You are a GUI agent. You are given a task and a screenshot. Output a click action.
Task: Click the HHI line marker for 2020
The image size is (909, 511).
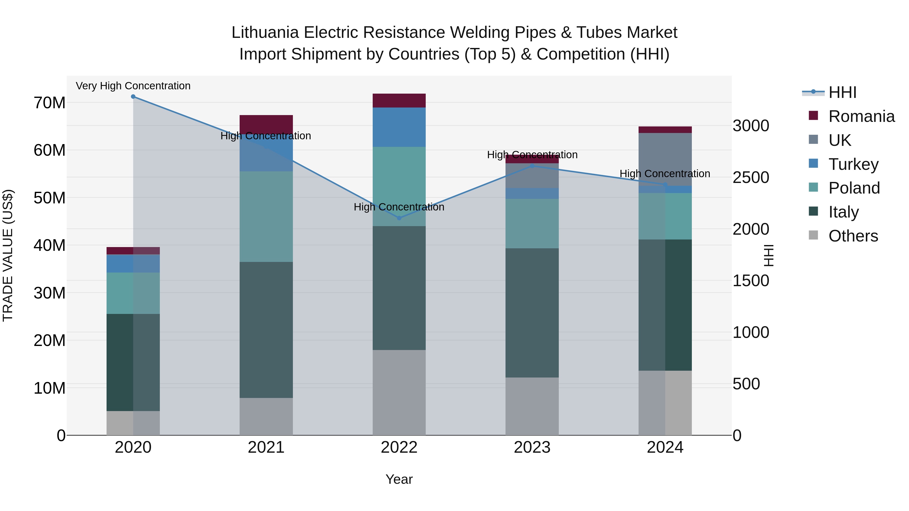[133, 97]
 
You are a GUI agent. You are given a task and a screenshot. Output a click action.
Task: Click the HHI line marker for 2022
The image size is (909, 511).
[399, 218]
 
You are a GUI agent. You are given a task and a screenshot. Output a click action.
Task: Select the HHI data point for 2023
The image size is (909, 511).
[532, 166]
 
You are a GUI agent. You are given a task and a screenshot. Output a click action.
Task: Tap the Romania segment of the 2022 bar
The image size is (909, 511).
[399, 100]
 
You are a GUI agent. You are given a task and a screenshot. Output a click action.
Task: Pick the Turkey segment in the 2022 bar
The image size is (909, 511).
[399, 127]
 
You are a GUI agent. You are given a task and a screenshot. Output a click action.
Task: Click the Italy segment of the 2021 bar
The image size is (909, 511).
[266, 330]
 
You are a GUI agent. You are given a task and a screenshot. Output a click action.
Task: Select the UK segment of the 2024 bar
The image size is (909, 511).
[665, 159]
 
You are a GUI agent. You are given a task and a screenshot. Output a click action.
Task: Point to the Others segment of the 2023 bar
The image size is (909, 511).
[532, 406]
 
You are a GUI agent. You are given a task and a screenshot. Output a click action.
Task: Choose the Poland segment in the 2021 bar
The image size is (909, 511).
[266, 217]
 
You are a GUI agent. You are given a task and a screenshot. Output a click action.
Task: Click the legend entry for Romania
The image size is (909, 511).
[861, 116]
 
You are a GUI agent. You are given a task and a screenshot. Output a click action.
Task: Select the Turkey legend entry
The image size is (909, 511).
[853, 164]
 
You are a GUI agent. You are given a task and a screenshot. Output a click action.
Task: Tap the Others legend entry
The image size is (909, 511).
[853, 236]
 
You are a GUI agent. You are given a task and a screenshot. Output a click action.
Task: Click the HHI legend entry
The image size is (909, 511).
[842, 92]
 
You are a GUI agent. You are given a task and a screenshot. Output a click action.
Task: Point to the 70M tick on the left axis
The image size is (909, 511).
[49, 103]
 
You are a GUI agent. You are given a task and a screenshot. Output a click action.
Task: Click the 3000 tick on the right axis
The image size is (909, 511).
[751, 126]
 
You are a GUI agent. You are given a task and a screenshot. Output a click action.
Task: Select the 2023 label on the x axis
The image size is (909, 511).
[532, 447]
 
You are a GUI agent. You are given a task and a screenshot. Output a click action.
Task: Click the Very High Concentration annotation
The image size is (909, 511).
[133, 86]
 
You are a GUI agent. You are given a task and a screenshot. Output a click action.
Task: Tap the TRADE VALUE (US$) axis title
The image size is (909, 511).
[8, 255]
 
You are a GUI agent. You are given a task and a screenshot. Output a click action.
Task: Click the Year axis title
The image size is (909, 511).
[399, 479]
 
